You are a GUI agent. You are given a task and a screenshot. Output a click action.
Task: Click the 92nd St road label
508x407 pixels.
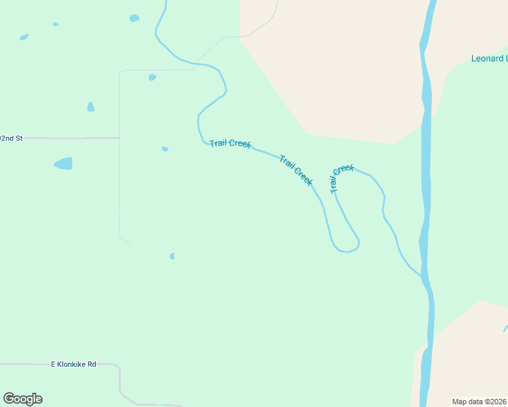12,138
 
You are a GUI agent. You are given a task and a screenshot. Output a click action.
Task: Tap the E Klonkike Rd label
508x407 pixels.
74,364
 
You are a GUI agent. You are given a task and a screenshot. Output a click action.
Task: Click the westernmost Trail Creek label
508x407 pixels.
230,143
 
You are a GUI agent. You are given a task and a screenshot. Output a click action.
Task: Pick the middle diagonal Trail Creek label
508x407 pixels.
296,170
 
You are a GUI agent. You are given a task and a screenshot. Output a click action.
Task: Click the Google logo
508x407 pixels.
22,399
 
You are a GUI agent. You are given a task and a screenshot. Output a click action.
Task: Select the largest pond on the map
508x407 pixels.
63,163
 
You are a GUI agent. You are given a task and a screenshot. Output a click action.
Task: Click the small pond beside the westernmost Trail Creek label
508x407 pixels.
165,149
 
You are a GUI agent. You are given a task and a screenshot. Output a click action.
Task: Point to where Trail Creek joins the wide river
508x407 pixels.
422,275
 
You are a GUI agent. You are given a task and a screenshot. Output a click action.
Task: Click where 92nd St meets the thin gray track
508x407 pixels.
119,138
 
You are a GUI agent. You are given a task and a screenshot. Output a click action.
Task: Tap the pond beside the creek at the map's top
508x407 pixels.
134,18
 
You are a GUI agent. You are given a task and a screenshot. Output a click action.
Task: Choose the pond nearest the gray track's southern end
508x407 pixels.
172,256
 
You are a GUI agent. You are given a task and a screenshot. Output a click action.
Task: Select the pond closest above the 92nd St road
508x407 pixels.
90,107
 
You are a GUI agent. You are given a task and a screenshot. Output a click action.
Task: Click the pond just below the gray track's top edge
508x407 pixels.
152,77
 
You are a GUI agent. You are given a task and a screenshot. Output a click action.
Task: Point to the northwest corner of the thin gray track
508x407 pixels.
120,71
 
